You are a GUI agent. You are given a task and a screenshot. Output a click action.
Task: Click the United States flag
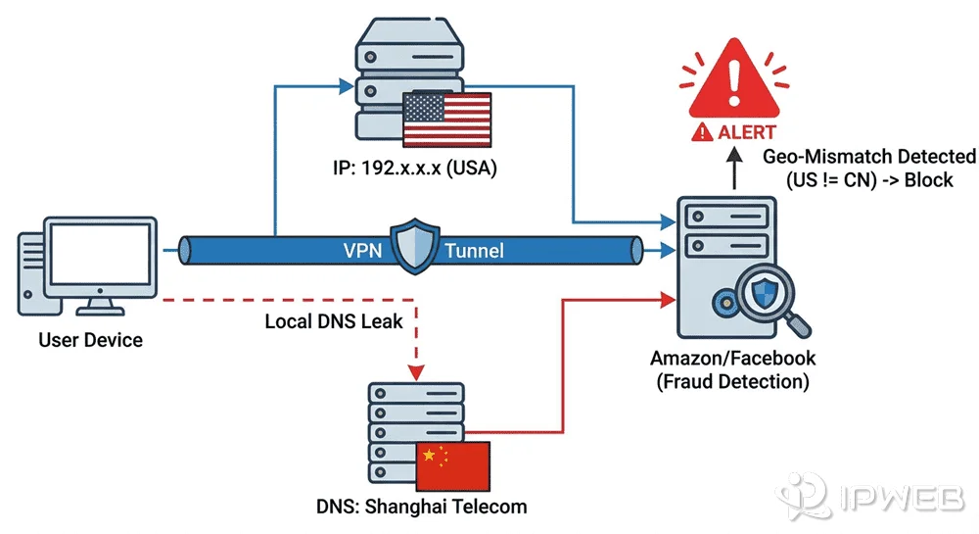445,119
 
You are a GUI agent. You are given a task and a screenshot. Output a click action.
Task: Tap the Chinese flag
452,465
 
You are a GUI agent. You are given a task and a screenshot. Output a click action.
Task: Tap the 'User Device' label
90,341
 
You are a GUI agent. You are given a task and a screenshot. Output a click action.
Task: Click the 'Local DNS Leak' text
333,321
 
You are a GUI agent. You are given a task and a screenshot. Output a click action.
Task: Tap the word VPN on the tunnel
362,251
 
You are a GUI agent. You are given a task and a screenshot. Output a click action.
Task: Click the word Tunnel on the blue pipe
474,251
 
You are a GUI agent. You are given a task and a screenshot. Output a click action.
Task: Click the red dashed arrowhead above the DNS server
418,371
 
